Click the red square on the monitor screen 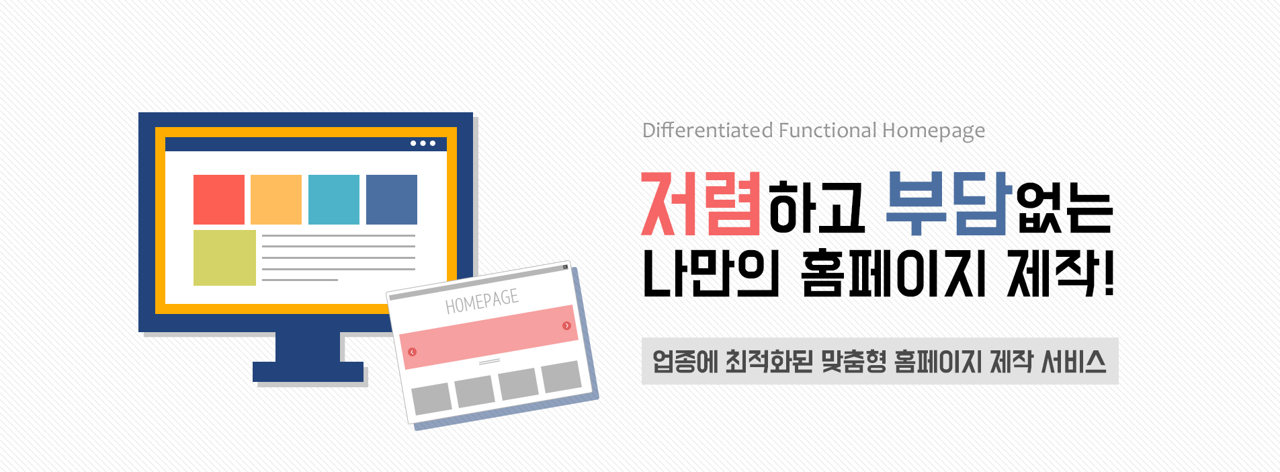219,200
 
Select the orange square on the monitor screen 276,200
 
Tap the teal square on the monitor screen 334,200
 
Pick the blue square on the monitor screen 392,200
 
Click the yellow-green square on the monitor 224,258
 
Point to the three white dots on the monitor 423,143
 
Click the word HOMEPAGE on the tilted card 482,302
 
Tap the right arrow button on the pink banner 566,325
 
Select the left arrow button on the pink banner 412,352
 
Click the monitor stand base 308,372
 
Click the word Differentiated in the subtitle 708,130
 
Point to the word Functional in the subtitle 828,130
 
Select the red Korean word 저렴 701,204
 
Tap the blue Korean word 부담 949,204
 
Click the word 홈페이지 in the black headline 894,273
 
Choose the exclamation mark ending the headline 1108,273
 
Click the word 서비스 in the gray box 1074,362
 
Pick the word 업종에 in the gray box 685,362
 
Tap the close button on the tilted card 565,267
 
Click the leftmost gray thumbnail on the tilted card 431,398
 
